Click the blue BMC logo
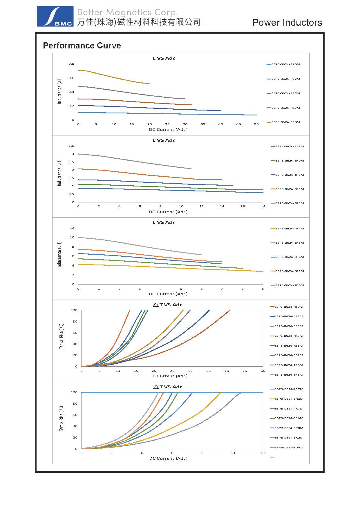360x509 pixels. [x=55, y=16]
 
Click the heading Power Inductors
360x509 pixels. [x=287, y=23]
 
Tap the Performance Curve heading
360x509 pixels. [x=82, y=46]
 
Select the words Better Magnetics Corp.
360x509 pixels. [x=127, y=12]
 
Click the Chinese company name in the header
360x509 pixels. [x=139, y=22]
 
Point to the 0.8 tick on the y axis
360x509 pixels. [x=71, y=64]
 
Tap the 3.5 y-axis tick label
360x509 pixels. [x=71, y=146]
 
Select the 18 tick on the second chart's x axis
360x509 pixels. [x=263, y=207]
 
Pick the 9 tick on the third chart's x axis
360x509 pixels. [x=263, y=289]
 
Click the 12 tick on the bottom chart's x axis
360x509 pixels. [x=263, y=453]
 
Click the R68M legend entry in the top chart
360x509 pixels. [x=285, y=122]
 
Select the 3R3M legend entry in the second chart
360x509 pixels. [x=289, y=203]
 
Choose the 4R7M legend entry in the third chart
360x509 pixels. [x=289, y=229]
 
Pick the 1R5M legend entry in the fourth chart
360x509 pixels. [x=288, y=375]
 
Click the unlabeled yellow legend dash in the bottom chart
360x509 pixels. [x=272, y=457]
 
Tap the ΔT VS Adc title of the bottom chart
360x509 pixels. [x=168, y=387]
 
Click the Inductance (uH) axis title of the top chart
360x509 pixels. [x=59, y=90]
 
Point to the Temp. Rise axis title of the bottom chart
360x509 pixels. [x=61, y=419]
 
